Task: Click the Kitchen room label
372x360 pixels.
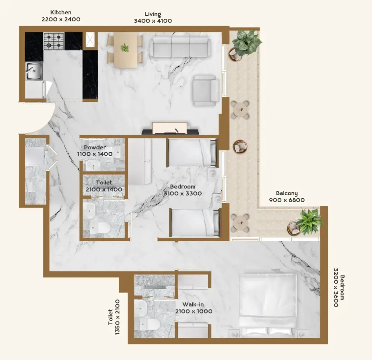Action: [61, 12]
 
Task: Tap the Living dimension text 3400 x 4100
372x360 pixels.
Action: [153, 21]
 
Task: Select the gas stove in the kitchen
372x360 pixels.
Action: [54, 41]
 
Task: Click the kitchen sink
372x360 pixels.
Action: [34, 71]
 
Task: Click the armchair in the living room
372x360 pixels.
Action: [206, 90]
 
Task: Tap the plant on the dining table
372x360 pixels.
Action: [125, 48]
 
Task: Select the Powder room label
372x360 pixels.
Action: [95, 148]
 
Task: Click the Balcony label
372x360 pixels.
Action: [286, 193]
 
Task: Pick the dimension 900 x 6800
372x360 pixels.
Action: [287, 200]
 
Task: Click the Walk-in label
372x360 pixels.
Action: [193, 304]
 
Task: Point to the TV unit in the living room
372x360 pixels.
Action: [170, 129]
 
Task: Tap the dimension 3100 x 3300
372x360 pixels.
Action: [182, 193]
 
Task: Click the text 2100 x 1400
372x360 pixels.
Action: [104, 189]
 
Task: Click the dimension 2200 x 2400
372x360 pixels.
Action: [61, 19]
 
